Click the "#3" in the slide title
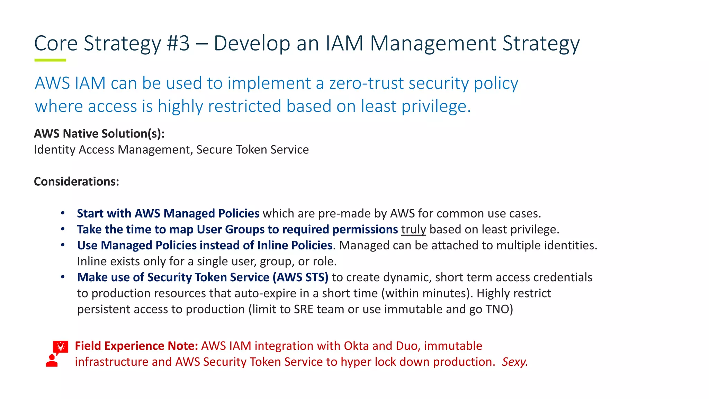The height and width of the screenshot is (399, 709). [x=178, y=44]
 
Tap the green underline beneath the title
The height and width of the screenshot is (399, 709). [x=50, y=60]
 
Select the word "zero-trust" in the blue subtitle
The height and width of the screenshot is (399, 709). [x=367, y=83]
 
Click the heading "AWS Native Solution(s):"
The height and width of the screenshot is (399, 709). [x=99, y=134]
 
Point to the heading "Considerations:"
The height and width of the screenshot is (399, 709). [x=77, y=181]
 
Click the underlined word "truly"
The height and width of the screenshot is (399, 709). [x=413, y=230]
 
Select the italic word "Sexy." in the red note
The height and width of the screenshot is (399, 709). [x=515, y=362]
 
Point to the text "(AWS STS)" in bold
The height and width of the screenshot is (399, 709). [x=300, y=277]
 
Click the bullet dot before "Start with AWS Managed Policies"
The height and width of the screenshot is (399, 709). [x=63, y=213]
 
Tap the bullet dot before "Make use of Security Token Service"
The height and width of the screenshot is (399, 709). [x=63, y=277]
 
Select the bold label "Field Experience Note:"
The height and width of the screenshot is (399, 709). [x=136, y=346]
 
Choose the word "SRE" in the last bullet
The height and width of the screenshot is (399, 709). [x=304, y=309]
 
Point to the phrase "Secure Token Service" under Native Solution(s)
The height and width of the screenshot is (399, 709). [x=252, y=150]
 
